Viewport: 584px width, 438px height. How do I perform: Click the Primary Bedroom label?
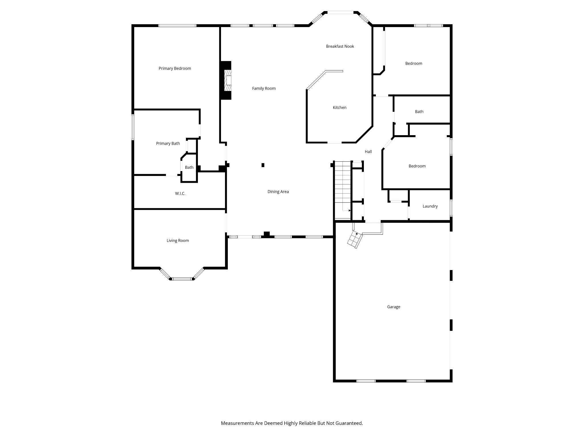coord(175,68)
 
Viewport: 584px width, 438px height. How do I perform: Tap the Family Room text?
coord(264,88)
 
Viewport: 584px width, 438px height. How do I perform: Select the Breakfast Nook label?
coord(340,46)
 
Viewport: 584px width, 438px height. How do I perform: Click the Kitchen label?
coord(340,108)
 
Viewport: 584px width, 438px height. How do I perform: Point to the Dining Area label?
coord(278,192)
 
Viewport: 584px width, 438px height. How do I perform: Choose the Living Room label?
coord(178,241)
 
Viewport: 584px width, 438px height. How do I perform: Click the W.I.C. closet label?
coord(180,194)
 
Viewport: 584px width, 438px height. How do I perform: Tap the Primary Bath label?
coord(168,143)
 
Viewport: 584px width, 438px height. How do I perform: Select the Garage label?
coord(394,307)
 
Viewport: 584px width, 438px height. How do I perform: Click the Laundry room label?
coord(430,206)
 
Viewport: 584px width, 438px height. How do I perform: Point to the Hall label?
coord(368,152)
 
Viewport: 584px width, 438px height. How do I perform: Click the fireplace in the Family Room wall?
coord(226,80)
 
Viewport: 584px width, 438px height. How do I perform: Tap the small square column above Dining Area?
coord(263,165)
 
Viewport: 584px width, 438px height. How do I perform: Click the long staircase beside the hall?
coord(342,190)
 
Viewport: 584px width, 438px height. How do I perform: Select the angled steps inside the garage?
coord(354,240)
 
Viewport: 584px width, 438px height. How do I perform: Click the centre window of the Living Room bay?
coord(182,279)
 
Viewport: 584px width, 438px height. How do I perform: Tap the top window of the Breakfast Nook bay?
coord(340,12)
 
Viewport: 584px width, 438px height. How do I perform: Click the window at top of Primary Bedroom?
coord(177,26)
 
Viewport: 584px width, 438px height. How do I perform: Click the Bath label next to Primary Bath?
coord(189,167)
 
